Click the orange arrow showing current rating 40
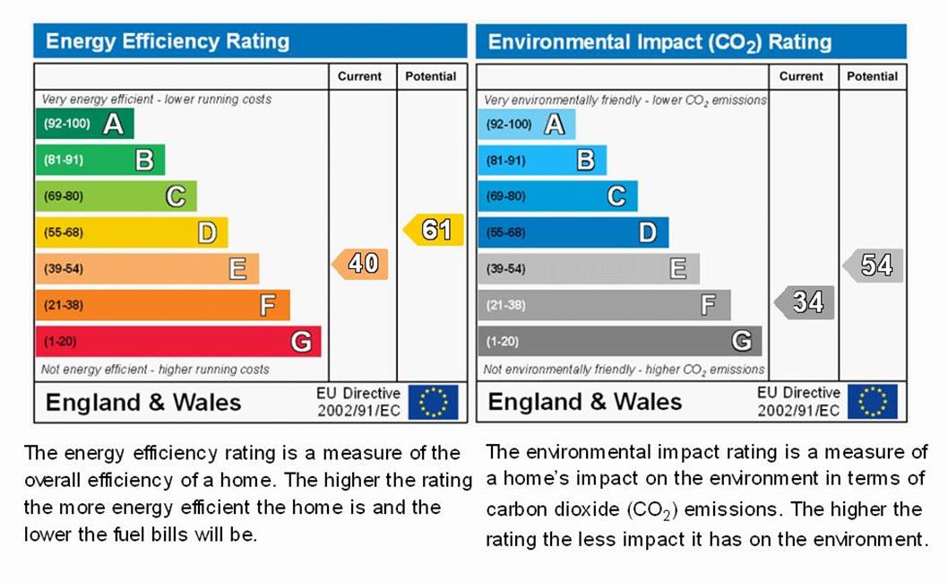[x=361, y=264]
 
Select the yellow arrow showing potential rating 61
[x=435, y=230]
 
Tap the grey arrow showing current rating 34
[x=805, y=302]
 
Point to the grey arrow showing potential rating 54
[x=874, y=265]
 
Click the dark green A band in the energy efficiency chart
[x=84, y=124]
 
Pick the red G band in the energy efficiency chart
[x=177, y=342]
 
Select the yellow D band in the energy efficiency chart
[x=131, y=233]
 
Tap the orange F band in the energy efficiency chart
[x=162, y=305]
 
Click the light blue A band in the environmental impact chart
[x=526, y=124]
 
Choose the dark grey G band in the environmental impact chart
[x=619, y=342]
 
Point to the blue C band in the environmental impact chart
[x=557, y=196]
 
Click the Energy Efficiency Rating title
[x=168, y=41]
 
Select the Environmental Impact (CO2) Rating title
[x=659, y=42]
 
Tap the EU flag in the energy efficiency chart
[x=434, y=402]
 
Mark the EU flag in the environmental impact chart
[x=873, y=402]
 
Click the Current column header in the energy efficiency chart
[x=359, y=77]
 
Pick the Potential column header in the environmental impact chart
[x=872, y=77]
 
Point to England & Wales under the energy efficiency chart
[x=143, y=403]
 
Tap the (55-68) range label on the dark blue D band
[x=505, y=233]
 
